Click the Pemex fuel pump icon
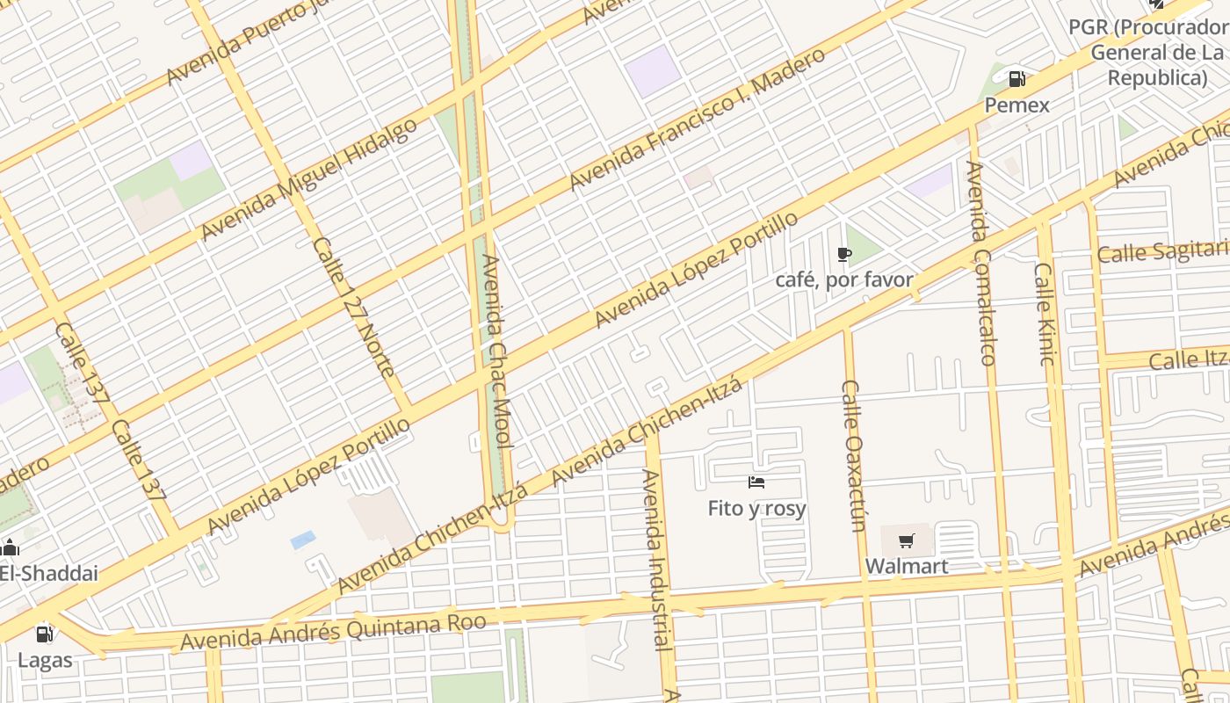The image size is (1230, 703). click(1017, 79)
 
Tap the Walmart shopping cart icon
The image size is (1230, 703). click(907, 540)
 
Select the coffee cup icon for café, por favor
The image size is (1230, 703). click(844, 255)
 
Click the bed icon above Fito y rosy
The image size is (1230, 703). click(756, 482)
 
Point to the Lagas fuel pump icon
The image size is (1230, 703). click(44, 634)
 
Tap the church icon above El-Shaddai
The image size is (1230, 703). click(11, 547)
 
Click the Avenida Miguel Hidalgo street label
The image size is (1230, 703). click(309, 179)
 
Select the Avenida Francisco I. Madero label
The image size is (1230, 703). click(698, 119)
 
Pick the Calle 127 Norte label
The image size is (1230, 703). click(353, 308)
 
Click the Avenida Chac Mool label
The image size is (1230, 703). click(496, 351)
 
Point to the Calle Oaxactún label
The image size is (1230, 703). click(854, 455)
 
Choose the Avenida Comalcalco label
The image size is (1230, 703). click(980, 263)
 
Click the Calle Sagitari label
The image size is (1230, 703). click(1162, 253)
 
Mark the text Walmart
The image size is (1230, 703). click(907, 566)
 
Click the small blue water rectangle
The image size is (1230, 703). click(303, 540)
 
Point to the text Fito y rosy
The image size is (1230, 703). click(756, 509)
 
